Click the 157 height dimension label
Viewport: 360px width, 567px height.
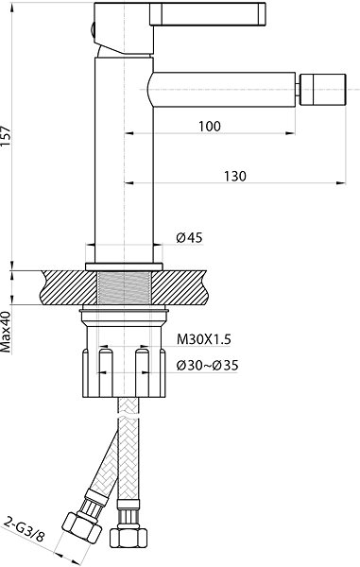[6, 136]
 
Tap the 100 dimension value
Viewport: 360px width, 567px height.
[209, 127]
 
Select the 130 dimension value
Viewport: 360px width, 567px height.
[235, 176]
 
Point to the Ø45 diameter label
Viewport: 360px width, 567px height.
[189, 238]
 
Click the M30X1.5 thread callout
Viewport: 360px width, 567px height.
[203, 339]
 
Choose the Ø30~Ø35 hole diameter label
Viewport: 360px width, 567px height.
[208, 365]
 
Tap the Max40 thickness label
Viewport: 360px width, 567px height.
[6, 332]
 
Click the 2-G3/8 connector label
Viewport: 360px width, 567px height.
[25, 530]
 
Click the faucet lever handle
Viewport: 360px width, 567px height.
[208, 14]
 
